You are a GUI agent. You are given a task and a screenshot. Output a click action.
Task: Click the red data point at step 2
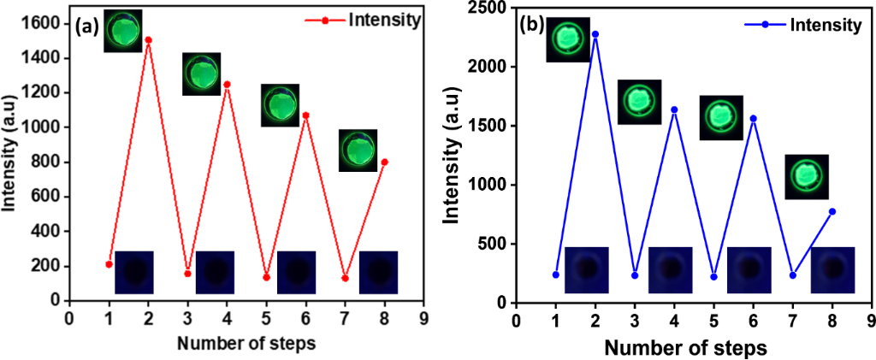pos(148,40)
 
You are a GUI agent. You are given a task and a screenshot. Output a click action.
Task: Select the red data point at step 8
pos(384,162)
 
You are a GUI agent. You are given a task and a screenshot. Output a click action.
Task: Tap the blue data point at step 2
pos(595,34)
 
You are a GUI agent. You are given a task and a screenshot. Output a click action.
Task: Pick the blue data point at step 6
pos(753,119)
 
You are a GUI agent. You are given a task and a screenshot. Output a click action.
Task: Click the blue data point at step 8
pos(832,211)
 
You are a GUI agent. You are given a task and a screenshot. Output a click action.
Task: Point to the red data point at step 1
pos(109,264)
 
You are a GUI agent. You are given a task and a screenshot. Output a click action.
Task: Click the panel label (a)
pos(88,27)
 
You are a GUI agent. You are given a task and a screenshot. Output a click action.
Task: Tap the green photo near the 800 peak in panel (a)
pos(358,150)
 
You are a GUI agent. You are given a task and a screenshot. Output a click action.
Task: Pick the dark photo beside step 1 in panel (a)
pos(134,272)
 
